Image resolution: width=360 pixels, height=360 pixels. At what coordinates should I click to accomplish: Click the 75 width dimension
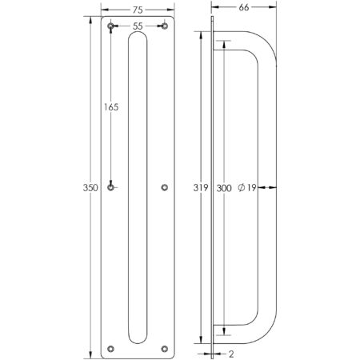[x=137, y=10]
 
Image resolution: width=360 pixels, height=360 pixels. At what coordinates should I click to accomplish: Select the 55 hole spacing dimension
[x=138, y=27]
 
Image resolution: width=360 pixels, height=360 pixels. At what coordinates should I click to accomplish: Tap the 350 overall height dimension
[x=90, y=188]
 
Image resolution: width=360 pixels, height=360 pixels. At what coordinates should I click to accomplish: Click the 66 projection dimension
[x=245, y=8]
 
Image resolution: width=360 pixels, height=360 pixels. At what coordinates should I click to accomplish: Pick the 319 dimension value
[x=200, y=189]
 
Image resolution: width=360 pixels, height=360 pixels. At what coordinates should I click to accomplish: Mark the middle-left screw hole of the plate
[x=110, y=188]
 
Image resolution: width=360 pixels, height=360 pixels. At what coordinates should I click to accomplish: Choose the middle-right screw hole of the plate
[x=165, y=188]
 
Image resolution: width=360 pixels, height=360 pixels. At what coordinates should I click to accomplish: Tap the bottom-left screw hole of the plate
[x=110, y=348]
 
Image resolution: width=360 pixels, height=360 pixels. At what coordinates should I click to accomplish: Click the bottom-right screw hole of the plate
[x=165, y=348]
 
